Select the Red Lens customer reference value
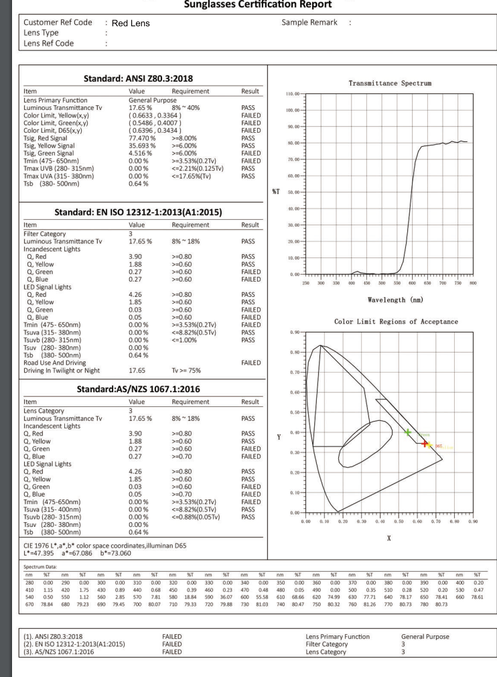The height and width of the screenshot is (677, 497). [131, 23]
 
